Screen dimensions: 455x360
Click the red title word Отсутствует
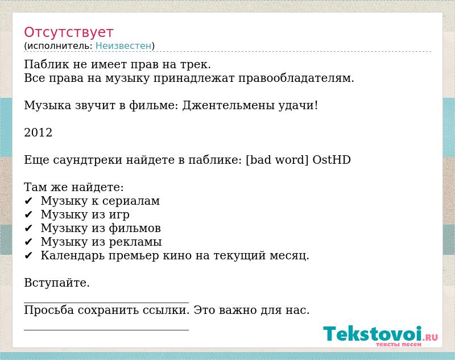tap(68, 32)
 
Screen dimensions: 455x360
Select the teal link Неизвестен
tap(123, 46)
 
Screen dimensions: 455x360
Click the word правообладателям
tap(296, 78)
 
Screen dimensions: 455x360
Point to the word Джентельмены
tap(228, 106)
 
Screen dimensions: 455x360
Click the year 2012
tap(38, 133)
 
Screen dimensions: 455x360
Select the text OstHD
tap(332, 160)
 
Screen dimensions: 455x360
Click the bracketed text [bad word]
tap(277, 160)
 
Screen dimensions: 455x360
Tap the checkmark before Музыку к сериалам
tap(28, 201)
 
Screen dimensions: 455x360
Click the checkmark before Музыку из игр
tap(28, 214)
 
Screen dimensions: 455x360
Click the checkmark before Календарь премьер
tap(28, 255)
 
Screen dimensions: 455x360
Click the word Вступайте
tap(57, 283)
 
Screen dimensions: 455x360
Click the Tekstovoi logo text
tap(373, 334)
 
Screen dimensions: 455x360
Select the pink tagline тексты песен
tap(399, 344)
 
